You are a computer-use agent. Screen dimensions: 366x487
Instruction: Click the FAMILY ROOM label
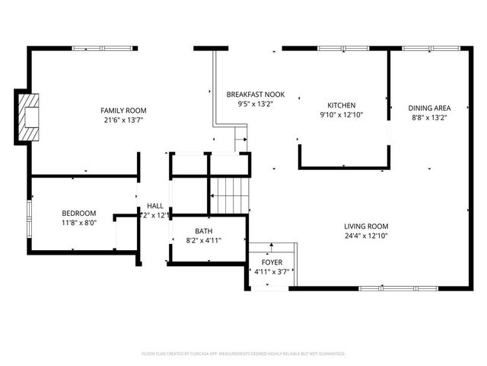123,111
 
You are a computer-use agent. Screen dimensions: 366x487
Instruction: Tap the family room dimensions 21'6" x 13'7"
123,120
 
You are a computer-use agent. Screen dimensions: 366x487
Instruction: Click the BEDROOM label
79,213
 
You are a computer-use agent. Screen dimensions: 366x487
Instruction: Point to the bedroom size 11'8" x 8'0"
79,223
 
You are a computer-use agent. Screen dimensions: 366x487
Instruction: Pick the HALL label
155,206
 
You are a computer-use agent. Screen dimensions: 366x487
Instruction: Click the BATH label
203,231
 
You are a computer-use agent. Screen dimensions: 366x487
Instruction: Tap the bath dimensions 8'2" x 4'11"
203,241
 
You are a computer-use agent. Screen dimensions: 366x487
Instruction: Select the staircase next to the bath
230,195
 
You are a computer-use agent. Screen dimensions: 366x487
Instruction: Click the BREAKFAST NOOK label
256,95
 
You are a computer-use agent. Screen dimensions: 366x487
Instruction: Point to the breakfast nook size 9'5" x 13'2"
256,104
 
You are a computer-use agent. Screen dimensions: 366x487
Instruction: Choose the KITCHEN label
342,105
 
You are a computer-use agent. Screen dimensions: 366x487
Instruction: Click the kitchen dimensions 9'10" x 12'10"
342,115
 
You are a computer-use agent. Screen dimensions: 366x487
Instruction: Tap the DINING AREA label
429,108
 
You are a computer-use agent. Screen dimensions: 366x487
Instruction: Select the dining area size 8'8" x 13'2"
429,118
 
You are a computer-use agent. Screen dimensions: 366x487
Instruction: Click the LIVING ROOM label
367,226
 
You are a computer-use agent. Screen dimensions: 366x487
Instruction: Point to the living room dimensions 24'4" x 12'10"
367,236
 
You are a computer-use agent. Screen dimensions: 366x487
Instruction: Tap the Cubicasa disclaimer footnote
243,354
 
